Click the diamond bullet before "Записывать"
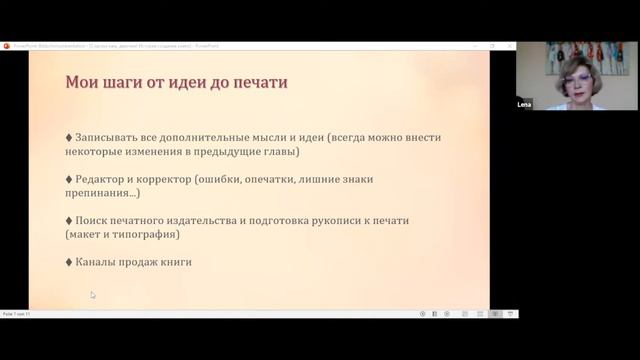pyautogui.click(x=68, y=137)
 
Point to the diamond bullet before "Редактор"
pyautogui.click(x=68, y=178)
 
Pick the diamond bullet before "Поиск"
pyautogui.click(x=68, y=220)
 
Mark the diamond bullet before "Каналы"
pyautogui.click(x=68, y=262)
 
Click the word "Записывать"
pyautogui.click(x=109, y=137)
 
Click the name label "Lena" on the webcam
pyautogui.click(x=525, y=103)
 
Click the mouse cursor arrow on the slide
pyautogui.click(x=93, y=295)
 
